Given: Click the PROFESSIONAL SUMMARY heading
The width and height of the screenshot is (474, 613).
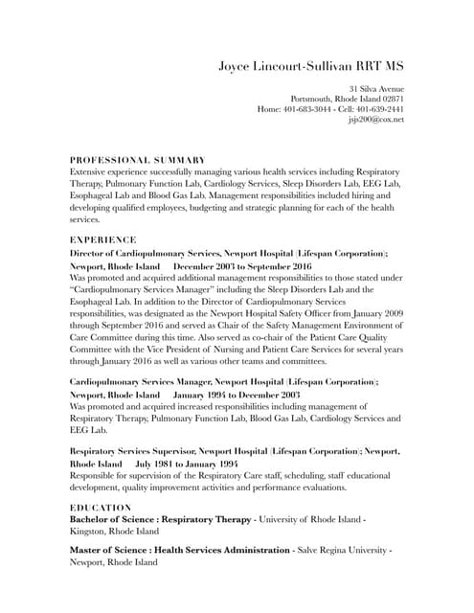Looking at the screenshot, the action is click(138, 159).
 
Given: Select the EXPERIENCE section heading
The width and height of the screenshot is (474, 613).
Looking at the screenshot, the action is click(103, 238).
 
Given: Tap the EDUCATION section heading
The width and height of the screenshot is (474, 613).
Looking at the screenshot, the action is click(102, 507).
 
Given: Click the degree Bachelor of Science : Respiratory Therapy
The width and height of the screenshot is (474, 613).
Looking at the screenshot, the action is click(159, 519).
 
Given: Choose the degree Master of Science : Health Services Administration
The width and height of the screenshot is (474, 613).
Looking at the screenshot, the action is click(179, 551).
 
